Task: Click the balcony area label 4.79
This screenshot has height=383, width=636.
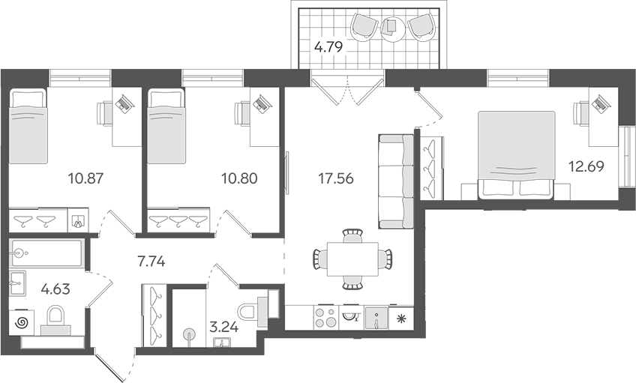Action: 329,47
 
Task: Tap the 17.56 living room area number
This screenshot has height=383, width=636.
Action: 336,178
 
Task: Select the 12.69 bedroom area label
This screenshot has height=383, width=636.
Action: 586,166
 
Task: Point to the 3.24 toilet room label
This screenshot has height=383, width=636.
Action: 223,326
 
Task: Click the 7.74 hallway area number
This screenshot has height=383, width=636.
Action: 151,262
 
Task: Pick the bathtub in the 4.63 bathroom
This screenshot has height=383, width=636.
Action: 46,253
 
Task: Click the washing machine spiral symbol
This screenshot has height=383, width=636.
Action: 22,322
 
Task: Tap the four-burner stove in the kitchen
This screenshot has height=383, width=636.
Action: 325,317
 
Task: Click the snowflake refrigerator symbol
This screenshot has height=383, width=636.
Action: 401,318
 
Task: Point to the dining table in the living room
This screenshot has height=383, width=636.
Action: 352,259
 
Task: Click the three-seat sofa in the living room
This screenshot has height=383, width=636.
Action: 396,181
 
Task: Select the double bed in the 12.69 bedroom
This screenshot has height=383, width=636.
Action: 517,156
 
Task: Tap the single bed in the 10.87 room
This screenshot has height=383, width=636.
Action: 28,126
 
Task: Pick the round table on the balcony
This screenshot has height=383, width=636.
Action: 393,28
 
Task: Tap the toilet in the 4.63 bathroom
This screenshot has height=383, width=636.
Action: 56,320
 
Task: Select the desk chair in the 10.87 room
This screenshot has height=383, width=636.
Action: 103,113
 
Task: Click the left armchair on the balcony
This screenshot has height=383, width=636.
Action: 364,26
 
